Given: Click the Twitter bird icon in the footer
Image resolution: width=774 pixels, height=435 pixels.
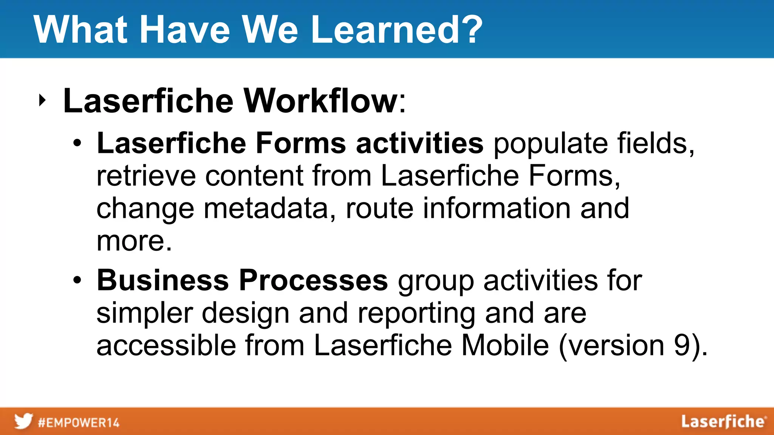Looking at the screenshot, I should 23,421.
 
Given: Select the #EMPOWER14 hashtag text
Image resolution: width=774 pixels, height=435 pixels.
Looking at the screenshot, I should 79,423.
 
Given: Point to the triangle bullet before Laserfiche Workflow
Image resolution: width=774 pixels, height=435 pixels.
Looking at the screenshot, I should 42,100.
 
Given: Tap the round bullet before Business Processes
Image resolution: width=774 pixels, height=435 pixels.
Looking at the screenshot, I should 77,281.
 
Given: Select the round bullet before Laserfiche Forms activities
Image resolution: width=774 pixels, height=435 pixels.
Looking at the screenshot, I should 77,143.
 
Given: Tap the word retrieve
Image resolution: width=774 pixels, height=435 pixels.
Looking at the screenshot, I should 146,176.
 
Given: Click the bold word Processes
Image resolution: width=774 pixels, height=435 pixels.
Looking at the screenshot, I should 313,281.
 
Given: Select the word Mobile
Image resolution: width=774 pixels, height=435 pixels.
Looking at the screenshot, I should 505,345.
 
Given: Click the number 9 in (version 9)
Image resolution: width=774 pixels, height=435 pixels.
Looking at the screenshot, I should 683,345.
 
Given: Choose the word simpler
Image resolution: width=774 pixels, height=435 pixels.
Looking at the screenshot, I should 144,313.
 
